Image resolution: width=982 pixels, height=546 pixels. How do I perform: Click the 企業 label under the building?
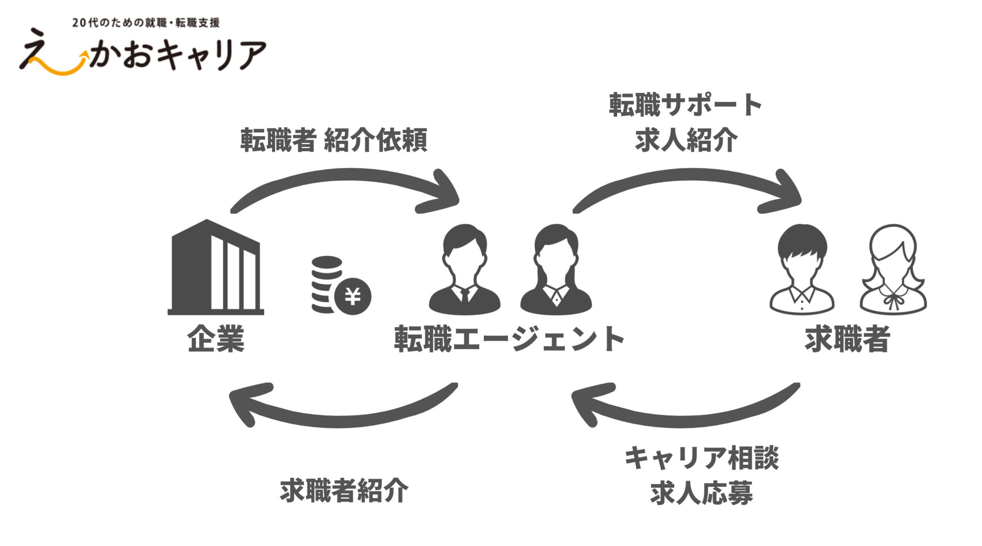click(x=216, y=339)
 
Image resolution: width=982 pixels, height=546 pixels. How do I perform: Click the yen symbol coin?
click(x=353, y=297)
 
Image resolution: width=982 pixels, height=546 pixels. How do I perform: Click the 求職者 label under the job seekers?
click(x=847, y=339)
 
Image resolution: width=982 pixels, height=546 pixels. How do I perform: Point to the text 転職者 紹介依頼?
click(x=334, y=140)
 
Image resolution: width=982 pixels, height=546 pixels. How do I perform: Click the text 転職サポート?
click(x=686, y=105)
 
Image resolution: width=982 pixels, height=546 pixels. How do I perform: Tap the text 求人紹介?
click(x=686, y=140)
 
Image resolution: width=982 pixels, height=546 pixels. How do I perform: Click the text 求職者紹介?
click(x=344, y=490)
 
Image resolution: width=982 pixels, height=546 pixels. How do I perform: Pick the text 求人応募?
click(x=701, y=493)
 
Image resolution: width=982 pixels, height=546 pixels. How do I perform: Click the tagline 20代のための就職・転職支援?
click(x=146, y=23)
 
